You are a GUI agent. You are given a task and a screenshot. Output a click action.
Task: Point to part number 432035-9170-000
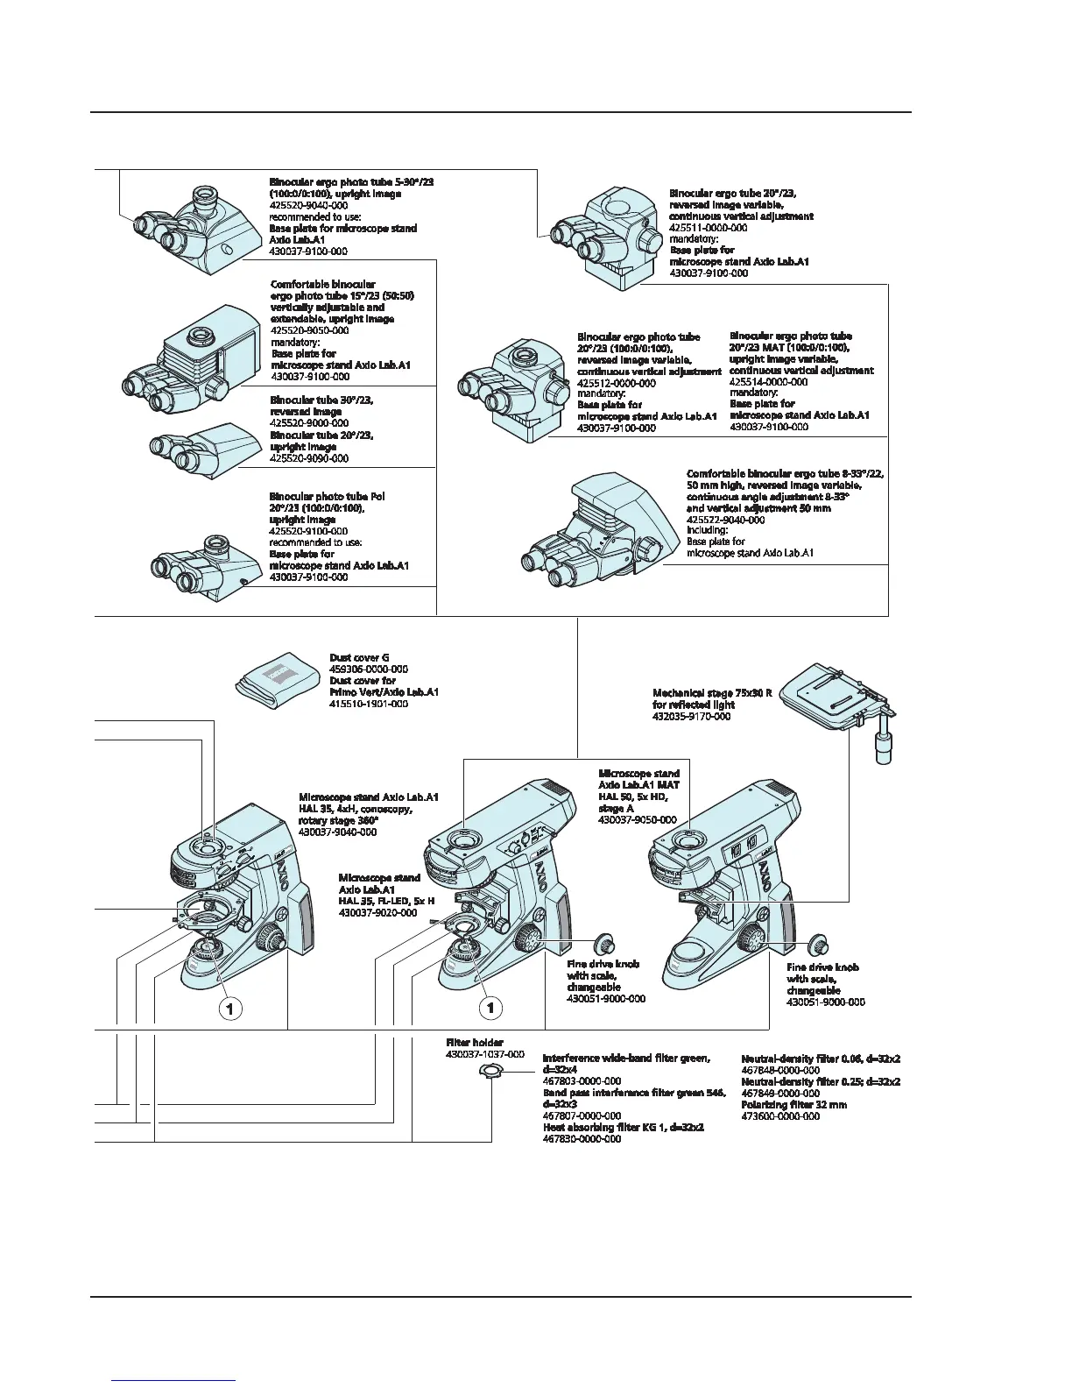point(691,717)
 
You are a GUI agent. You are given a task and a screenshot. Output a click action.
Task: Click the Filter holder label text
point(475,1043)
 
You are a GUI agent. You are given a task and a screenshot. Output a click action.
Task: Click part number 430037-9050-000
point(637,820)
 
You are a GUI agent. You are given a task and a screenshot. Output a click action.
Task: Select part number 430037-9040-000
point(338,832)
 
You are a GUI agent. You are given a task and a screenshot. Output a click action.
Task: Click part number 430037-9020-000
point(377,912)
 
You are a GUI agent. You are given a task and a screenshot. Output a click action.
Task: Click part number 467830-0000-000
point(582,1139)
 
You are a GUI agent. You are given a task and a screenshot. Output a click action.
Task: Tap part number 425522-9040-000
point(725,520)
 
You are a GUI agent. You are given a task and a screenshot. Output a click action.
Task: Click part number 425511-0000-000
point(708,228)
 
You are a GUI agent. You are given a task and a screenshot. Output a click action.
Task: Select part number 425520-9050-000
point(309,330)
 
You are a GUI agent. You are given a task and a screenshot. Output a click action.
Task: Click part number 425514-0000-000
point(768,382)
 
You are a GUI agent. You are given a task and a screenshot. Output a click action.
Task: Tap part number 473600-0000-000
point(780,1116)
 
